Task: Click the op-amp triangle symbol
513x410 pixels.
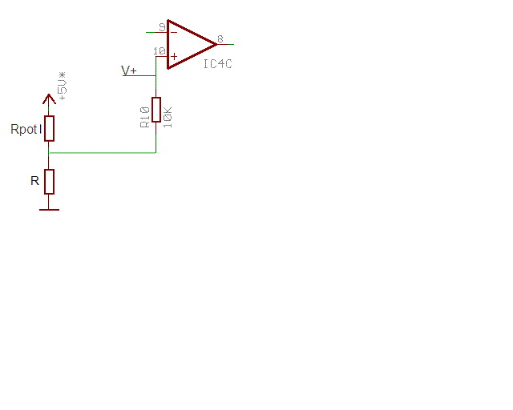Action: (x=189, y=43)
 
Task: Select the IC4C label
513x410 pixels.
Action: (x=217, y=63)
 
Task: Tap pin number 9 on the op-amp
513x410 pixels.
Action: (x=162, y=27)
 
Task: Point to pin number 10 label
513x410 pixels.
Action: (x=159, y=52)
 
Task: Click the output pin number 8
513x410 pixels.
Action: (x=220, y=38)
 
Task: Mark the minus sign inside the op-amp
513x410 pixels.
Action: (x=174, y=32)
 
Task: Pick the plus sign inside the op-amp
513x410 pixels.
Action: (x=174, y=56)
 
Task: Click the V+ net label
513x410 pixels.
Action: (x=129, y=70)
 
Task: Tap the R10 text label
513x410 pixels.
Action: (x=144, y=115)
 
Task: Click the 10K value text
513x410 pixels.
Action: (x=168, y=115)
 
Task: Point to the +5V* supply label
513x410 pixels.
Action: (x=63, y=85)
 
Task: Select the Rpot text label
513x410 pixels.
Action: (x=23, y=129)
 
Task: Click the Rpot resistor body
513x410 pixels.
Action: (x=49, y=128)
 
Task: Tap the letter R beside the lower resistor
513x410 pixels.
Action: (x=34, y=181)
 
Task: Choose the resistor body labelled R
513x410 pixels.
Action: (x=49, y=182)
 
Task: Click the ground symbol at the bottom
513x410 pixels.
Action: (x=49, y=210)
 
